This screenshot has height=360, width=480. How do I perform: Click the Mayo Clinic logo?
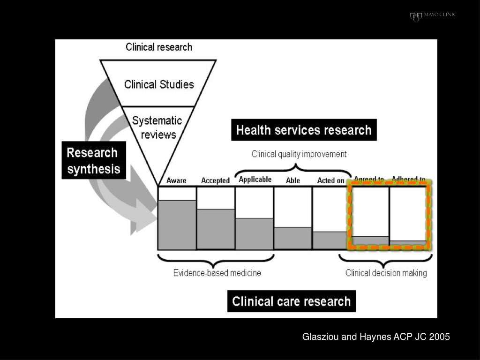(x=433, y=16)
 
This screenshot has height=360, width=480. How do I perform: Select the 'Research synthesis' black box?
(x=94, y=160)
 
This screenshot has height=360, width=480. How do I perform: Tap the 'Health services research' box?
(x=304, y=130)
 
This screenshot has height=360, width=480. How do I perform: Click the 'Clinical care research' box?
(x=292, y=301)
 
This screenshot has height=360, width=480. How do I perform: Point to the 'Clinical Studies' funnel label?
(x=159, y=84)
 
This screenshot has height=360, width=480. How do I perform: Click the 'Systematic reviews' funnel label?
(x=157, y=127)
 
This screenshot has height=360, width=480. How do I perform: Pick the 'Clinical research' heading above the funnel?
(x=159, y=47)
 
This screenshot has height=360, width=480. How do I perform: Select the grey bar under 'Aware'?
(x=177, y=225)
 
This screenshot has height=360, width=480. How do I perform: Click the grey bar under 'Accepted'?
(x=215, y=229)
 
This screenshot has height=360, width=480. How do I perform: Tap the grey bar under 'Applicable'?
(x=254, y=233)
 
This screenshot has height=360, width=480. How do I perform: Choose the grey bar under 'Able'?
(x=292, y=238)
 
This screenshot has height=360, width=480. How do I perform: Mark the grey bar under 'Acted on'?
(x=330, y=240)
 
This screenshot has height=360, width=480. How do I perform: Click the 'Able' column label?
(x=292, y=180)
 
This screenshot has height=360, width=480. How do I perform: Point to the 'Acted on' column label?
(x=330, y=180)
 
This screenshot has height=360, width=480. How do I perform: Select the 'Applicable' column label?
(x=255, y=180)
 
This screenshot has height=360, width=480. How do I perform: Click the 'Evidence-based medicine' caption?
(x=217, y=273)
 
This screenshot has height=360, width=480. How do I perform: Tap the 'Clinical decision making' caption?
(x=386, y=273)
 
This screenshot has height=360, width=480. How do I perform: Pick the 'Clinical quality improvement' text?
(x=299, y=154)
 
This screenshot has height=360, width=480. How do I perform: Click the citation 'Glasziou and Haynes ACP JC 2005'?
(x=376, y=337)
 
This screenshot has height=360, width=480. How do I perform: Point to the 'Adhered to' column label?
(x=408, y=180)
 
